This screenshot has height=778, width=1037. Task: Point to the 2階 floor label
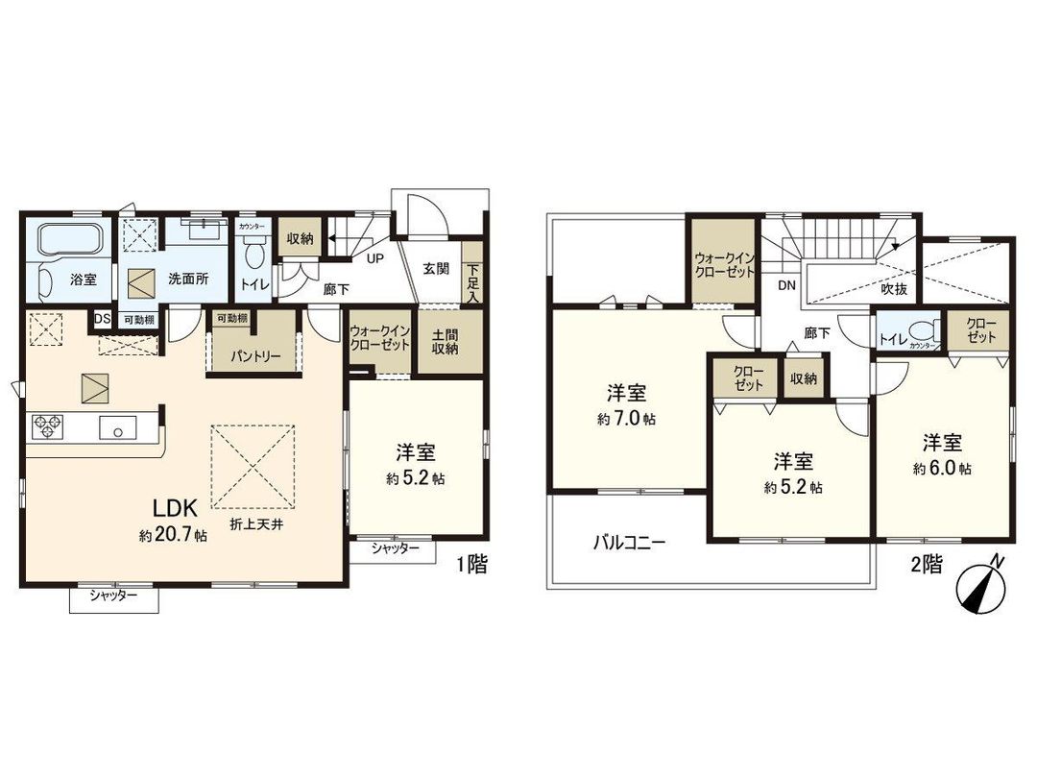[x=925, y=565]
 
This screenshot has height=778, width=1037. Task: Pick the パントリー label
[x=255, y=355]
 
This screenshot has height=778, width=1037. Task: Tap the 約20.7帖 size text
[x=173, y=535]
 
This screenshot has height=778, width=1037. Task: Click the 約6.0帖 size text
[x=943, y=469]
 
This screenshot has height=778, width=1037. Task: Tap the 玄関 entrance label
[x=436, y=270]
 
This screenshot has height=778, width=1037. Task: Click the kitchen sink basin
[x=117, y=428]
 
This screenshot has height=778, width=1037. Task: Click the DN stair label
[x=786, y=285]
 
